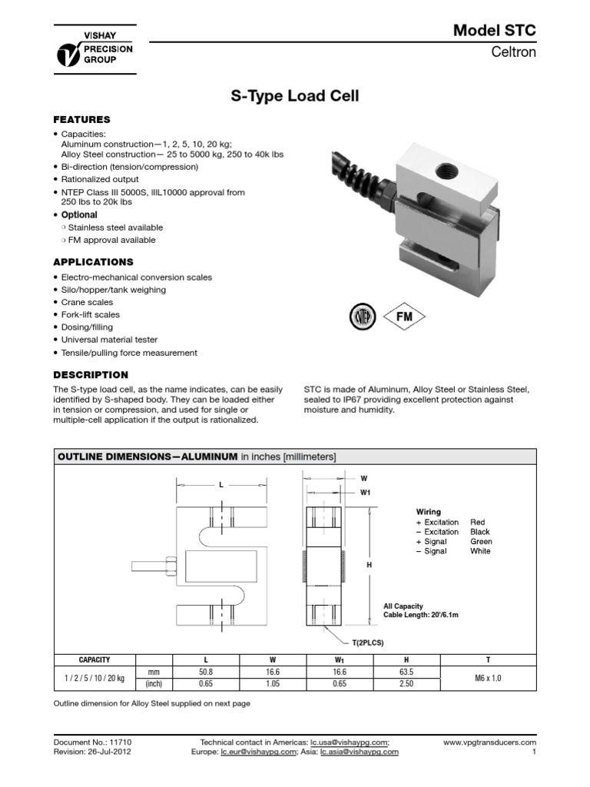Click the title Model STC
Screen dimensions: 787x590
click(495, 31)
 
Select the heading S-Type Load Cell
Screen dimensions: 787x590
click(295, 97)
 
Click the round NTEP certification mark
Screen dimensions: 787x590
click(360, 316)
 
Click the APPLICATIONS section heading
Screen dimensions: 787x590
click(93, 262)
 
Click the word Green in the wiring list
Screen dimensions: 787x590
click(481, 541)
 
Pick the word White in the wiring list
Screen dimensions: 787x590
click(480, 551)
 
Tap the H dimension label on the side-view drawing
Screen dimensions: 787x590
click(369, 565)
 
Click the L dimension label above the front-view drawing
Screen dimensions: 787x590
click(220, 485)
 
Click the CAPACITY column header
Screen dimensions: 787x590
click(94, 659)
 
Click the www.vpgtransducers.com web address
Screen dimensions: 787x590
click(489, 742)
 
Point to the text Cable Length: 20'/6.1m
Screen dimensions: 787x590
click(422, 616)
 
